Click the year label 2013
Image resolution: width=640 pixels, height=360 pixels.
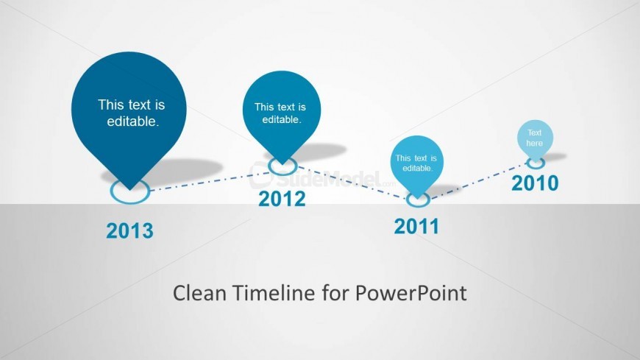pos(129,231)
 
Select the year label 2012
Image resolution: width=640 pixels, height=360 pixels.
pos(282,199)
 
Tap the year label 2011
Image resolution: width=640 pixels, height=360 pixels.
pos(416,226)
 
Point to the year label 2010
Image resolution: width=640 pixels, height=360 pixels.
pos(535,183)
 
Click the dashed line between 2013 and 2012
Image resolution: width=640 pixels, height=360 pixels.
pos(209,181)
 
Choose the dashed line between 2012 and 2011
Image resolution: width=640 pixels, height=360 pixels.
pos(352,183)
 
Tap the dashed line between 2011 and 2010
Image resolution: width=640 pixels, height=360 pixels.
pos(479,181)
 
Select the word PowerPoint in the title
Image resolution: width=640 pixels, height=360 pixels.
pos(410,293)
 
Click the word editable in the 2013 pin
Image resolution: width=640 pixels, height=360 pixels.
pos(132,121)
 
